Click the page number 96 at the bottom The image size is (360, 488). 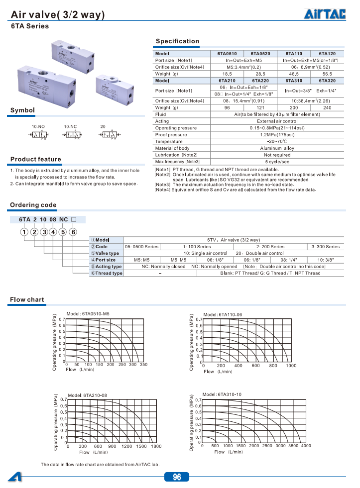(177, 477)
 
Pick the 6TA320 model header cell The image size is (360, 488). (327, 80)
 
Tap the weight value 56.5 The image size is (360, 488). (327, 74)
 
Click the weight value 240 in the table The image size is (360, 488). (327, 107)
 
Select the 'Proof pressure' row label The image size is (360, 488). (171, 135)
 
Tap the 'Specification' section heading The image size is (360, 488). (177, 41)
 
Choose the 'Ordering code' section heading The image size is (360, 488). (33, 205)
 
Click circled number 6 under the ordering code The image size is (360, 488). (73, 232)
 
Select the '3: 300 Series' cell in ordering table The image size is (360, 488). (326, 246)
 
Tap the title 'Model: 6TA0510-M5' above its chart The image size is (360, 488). (88, 313)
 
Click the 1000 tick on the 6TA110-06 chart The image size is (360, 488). (291, 366)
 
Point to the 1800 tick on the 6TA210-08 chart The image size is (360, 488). (156, 446)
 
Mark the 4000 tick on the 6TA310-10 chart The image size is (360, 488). (306, 446)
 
